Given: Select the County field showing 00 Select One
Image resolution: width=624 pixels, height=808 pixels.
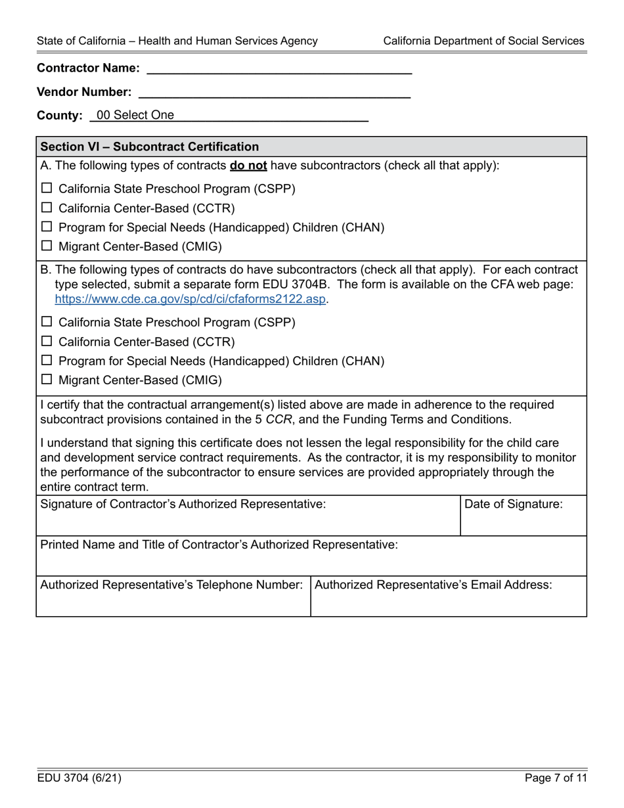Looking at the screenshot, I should pyautogui.click(x=230, y=116).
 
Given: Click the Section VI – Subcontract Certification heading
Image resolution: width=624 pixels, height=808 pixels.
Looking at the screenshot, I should pyautogui.click(x=150, y=146).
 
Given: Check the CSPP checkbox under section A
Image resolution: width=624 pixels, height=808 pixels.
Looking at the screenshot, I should pyautogui.click(x=47, y=189).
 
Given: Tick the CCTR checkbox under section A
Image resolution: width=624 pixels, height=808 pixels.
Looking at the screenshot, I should pyautogui.click(x=47, y=208).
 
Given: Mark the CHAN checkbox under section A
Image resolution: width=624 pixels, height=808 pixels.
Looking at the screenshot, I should pyautogui.click(x=47, y=227).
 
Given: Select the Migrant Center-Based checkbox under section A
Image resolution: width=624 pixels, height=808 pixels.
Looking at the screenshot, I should pyautogui.click(x=47, y=246).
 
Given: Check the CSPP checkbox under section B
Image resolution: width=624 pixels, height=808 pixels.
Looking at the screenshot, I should pyautogui.click(x=47, y=323).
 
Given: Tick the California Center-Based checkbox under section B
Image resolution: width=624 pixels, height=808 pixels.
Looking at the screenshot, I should pyautogui.click(x=47, y=342).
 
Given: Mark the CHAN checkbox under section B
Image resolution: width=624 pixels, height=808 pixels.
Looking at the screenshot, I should pyautogui.click(x=47, y=361).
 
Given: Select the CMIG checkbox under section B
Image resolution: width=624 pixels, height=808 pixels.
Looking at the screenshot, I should pyautogui.click(x=47, y=380).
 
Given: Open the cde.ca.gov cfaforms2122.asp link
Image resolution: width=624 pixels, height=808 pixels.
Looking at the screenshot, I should pyautogui.click(x=190, y=298).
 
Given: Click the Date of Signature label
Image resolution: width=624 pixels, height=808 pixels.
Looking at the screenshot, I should pyautogui.click(x=514, y=505).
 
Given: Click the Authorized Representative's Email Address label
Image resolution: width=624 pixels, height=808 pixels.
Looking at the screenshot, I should pyautogui.click(x=434, y=584).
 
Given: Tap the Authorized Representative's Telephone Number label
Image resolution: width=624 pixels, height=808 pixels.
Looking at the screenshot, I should pyautogui.click(x=171, y=584).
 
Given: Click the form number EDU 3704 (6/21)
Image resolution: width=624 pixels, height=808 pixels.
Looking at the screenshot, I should pyautogui.click(x=79, y=778).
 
